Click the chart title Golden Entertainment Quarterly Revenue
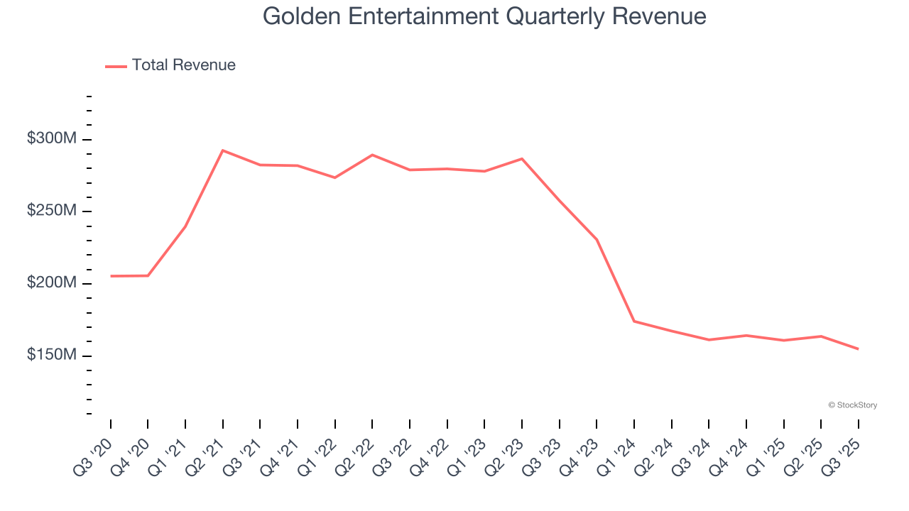tap(485, 16)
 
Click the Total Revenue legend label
tap(183, 65)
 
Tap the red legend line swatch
tap(116, 66)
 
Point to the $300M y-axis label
tap(51, 139)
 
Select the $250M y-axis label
tap(51, 211)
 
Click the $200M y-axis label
tap(51, 283)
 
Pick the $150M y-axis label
tap(51, 355)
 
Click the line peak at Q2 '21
tap(223, 150)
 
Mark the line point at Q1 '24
tap(634, 322)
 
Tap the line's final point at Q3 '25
tap(858, 348)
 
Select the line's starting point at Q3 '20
tap(111, 276)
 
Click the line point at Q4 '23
tap(597, 239)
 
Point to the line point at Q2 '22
tap(372, 155)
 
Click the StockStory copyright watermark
tap(852, 405)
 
